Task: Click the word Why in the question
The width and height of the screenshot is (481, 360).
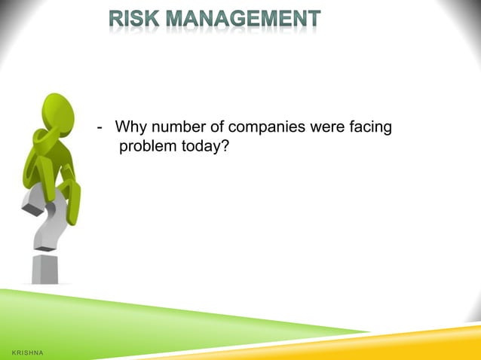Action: (x=130, y=127)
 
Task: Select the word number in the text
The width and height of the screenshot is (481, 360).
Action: (x=176, y=127)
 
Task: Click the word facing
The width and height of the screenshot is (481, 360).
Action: (x=370, y=127)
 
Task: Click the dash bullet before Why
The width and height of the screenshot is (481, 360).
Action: (x=100, y=127)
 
